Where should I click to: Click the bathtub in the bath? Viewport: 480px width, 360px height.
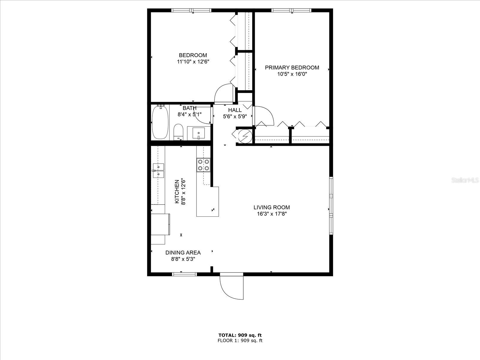pos(159,122)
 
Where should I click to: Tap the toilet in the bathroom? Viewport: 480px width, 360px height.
pos(178,132)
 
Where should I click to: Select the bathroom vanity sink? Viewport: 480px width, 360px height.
pos(198,133)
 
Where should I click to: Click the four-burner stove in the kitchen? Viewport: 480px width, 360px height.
pos(203,165)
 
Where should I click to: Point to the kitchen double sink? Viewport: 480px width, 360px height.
pos(158,170)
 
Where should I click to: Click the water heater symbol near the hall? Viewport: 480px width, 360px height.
pos(244,136)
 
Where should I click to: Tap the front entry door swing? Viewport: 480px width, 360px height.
pos(231,286)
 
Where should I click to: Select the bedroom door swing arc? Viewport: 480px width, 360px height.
pos(223,94)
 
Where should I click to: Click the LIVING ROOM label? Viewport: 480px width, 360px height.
pos(271,207)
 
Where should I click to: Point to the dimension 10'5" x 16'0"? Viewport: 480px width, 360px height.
pos(292,74)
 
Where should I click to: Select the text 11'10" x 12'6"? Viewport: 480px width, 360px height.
pos(193,62)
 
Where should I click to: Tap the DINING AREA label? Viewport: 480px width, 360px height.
pos(183,253)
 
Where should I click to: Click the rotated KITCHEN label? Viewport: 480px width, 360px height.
pos(177,192)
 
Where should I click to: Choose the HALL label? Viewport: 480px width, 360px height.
pos(235,110)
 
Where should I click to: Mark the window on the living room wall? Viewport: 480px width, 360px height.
pos(331,205)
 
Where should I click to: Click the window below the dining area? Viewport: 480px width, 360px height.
pos(184,274)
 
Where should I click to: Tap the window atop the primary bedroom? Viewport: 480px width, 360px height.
pos(291,10)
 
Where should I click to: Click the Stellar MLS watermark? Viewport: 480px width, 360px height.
pos(465,180)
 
